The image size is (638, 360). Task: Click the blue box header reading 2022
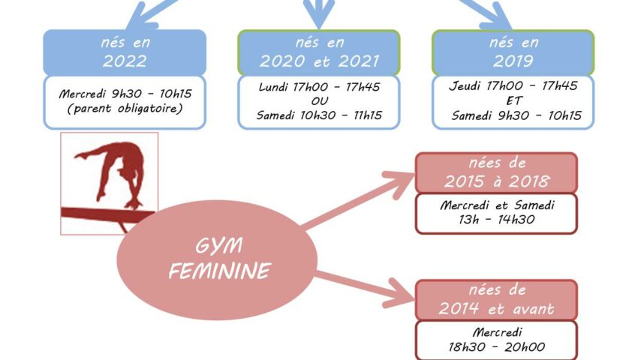(x=125, y=52)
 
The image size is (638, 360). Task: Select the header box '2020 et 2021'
(x=319, y=52)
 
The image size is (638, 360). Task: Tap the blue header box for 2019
(x=513, y=52)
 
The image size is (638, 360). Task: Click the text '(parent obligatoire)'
(x=125, y=109)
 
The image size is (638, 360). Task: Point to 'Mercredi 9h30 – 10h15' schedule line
(x=125, y=94)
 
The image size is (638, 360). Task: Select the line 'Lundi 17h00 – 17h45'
(x=320, y=87)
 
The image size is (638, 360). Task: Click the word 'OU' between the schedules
(x=320, y=101)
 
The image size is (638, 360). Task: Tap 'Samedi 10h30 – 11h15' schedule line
(x=320, y=115)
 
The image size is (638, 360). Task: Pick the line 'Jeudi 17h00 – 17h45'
(x=513, y=85)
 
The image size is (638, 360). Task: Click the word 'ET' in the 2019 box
(x=513, y=100)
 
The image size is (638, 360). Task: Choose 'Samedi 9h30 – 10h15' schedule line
(x=516, y=115)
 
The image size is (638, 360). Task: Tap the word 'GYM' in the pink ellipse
(x=219, y=246)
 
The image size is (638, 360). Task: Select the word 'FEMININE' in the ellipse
(x=220, y=271)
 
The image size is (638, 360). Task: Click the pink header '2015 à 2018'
(x=496, y=172)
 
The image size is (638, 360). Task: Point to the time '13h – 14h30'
(x=496, y=220)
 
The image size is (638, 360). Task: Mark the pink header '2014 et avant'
(x=496, y=300)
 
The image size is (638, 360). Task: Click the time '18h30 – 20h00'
(x=496, y=347)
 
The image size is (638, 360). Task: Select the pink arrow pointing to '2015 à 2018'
(x=358, y=200)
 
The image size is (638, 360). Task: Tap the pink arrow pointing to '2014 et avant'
(x=365, y=289)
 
